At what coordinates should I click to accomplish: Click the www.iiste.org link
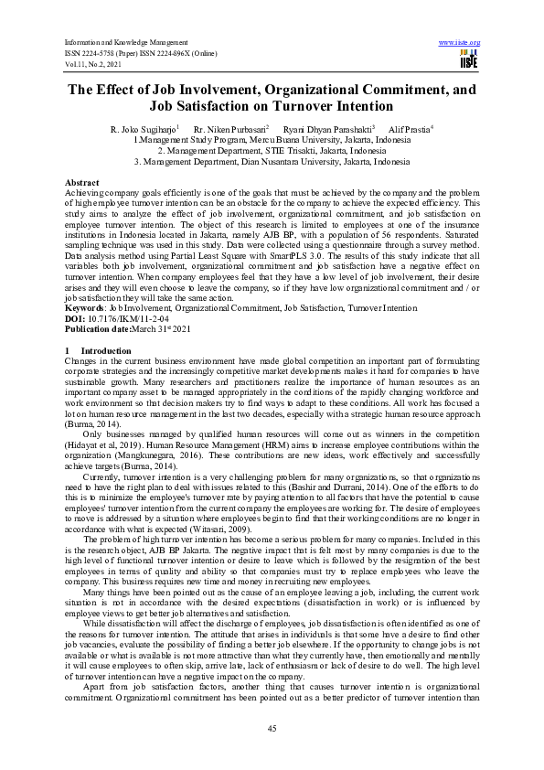460,42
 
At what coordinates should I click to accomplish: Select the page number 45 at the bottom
272,728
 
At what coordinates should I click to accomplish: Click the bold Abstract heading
82,184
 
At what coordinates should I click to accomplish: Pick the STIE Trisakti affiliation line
272,151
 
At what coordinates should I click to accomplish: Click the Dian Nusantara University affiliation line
272,161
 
